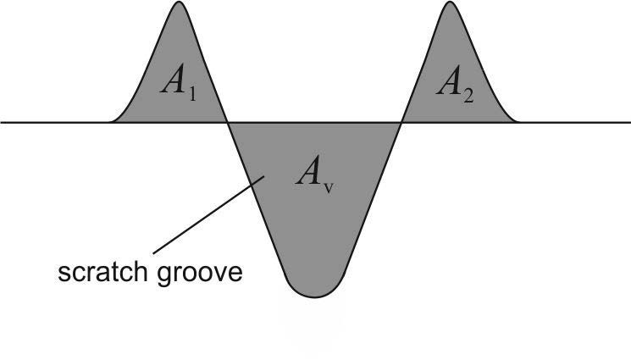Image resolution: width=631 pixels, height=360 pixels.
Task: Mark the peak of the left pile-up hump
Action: [x=178, y=3]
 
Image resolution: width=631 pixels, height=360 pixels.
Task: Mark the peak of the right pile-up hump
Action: [x=450, y=3]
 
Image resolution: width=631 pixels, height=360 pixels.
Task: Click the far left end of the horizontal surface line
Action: [x=3, y=122]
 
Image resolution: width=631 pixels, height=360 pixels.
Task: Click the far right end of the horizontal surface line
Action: [x=628, y=122]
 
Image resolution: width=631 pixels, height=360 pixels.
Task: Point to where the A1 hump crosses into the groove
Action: [x=228, y=122]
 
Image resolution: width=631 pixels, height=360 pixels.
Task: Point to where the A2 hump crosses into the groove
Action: [x=401, y=122]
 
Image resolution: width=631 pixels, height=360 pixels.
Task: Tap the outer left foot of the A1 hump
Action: [x=110, y=122]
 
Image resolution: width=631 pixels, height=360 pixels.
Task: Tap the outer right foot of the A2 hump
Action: [x=518, y=122]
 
